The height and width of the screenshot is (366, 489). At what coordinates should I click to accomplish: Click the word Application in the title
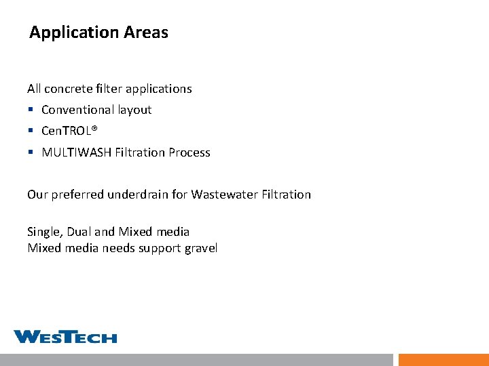point(75,33)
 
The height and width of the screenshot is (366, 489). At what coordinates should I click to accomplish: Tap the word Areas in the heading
point(146,32)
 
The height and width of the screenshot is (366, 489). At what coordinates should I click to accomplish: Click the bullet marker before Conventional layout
point(31,110)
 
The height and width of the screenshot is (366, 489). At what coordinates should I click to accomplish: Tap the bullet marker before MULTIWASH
point(31,152)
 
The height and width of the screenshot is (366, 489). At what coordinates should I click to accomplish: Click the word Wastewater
point(224,195)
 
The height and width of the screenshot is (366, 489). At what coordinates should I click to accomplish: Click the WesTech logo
point(65,337)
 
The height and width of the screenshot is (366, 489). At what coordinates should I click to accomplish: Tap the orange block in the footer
point(443,359)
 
